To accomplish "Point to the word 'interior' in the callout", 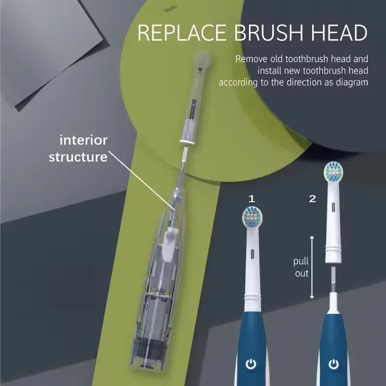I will [x=83, y=140].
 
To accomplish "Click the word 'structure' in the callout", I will [x=78, y=157].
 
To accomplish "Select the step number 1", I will [x=251, y=198].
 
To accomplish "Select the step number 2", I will [x=312, y=198].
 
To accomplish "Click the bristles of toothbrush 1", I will [x=251, y=217].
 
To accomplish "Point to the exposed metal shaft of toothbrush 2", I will [x=332, y=280].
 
